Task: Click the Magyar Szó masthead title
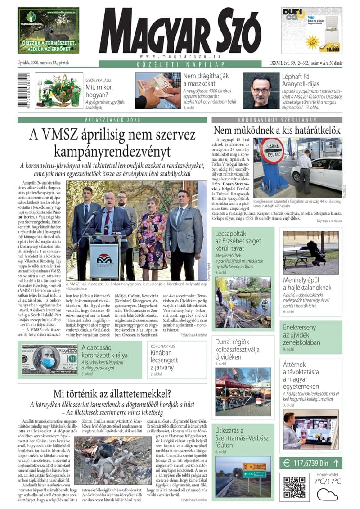click(x=180, y=31)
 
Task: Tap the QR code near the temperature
click(x=295, y=486)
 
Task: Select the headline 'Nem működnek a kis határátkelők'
click(x=277, y=131)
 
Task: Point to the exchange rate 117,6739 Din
click(x=310, y=463)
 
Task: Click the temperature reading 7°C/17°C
click(x=327, y=482)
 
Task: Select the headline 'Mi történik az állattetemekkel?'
click(x=112, y=394)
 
